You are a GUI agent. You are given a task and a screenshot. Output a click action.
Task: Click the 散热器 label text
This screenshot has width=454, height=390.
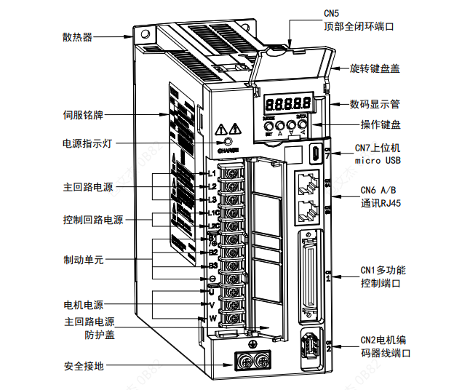pyautogui.click(x=78, y=37)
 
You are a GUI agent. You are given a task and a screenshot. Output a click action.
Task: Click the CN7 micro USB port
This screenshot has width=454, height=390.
pyautogui.click(x=315, y=154)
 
